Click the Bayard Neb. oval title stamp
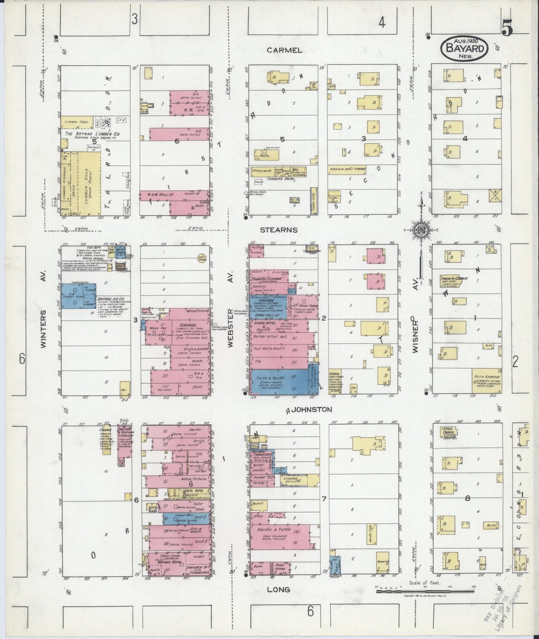(x=464, y=48)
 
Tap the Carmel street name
(x=284, y=50)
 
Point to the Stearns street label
(x=279, y=230)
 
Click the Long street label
(x=279, y=589)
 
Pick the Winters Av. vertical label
(x=44, y=329)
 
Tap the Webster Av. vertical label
(x=230, y=329)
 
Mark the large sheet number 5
(x=507, y=30)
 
